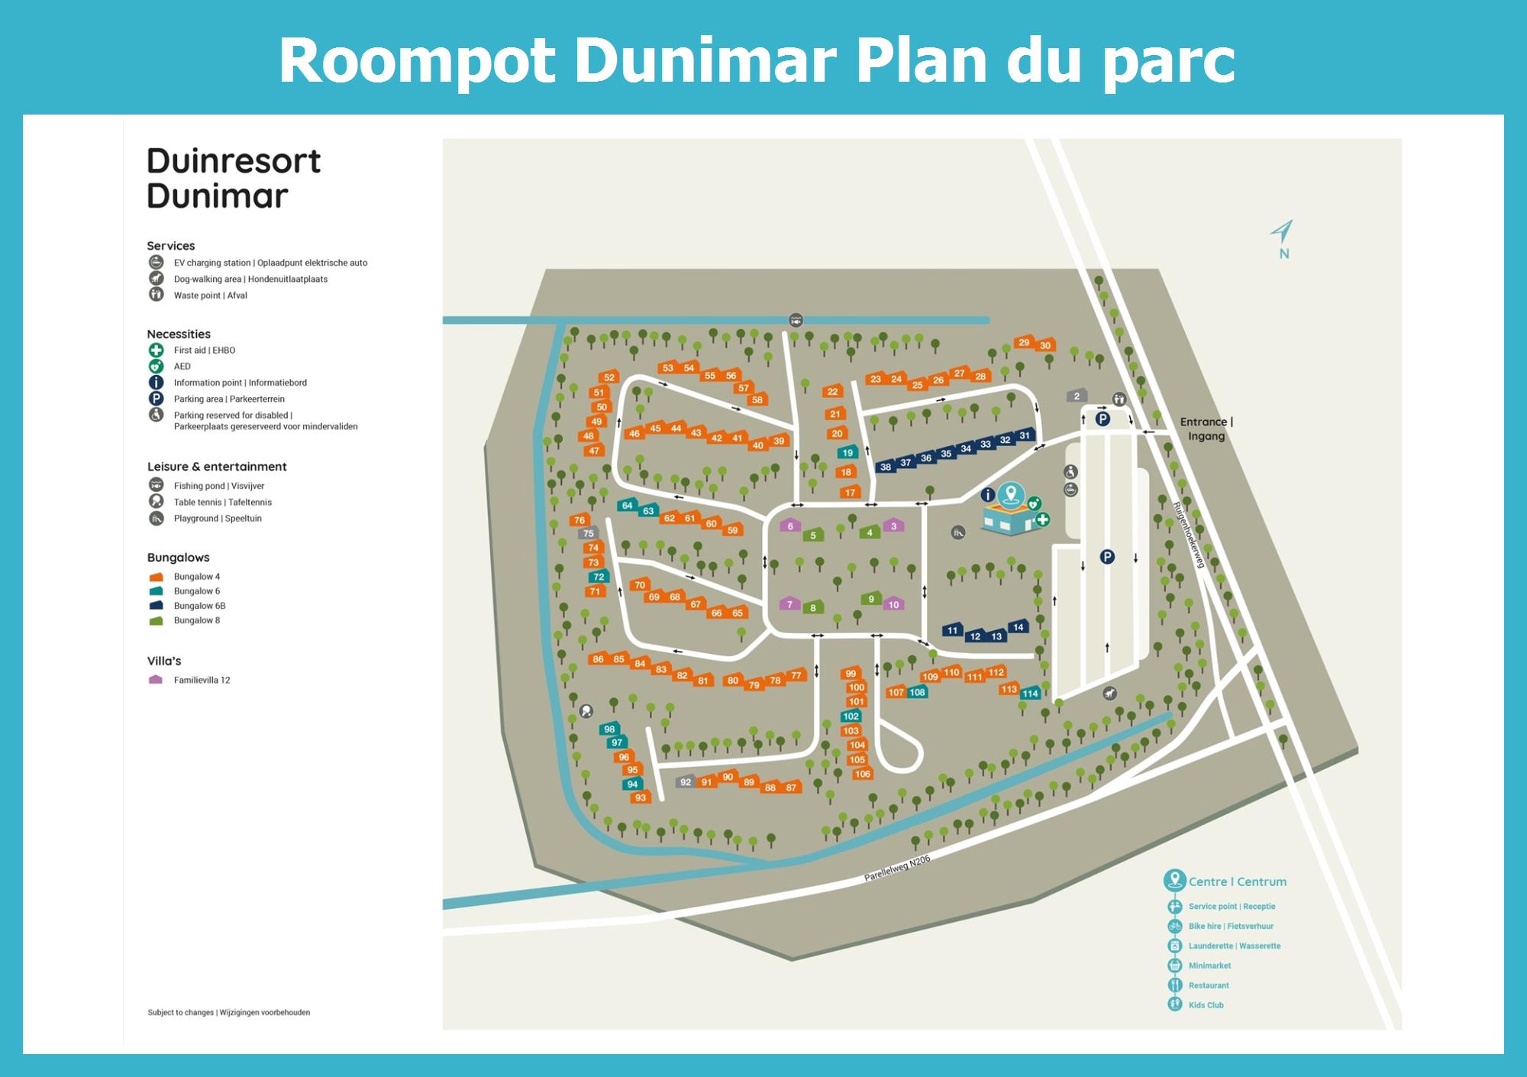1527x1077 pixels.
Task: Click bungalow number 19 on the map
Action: (847, 453)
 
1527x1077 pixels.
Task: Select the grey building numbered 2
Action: (1077, 396)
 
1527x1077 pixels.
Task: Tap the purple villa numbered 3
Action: (893, 526)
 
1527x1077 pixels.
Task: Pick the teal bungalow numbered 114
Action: (1030, 693)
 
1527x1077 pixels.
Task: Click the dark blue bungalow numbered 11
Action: (951, 630)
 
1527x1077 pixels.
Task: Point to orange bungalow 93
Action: (640, 797)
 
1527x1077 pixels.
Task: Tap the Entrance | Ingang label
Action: (1206, 429)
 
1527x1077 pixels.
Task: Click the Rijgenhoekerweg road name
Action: (1189, 535)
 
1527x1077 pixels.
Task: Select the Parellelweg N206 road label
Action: (897, 868)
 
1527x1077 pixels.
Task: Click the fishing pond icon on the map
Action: (796, 320)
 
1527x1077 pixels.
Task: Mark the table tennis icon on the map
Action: (586, 711)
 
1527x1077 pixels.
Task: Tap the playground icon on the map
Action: (958, 532)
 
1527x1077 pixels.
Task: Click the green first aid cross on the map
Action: (1042, 519)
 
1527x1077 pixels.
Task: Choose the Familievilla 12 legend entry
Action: (202, 680)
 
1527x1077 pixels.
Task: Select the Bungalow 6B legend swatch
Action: (157, 606)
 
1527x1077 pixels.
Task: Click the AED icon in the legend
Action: (156, 367)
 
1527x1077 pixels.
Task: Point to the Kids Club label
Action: (1206, 1005)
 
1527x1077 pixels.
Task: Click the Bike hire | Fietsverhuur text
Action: (1231, 926)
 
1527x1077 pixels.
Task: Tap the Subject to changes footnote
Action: (228, 1012)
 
